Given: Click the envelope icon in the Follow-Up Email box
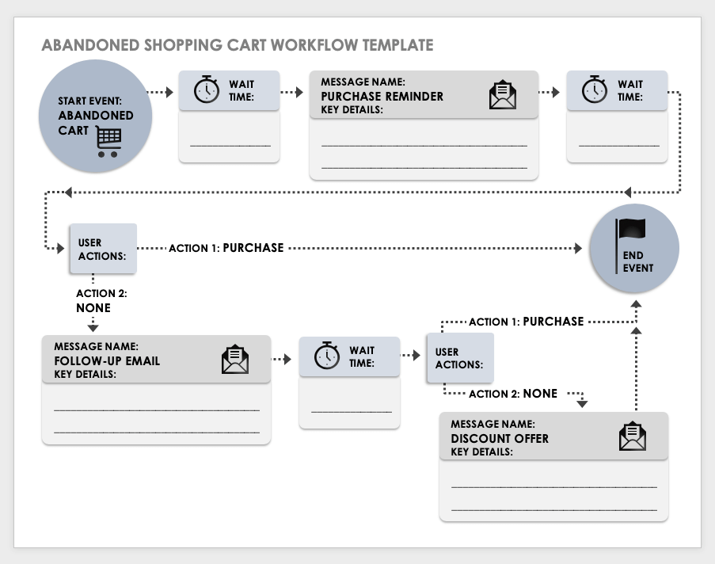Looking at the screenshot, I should [x=234, y=360].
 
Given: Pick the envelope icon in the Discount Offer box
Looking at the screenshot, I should [x=632, y=436].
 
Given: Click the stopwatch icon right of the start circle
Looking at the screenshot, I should [x=207, y=90].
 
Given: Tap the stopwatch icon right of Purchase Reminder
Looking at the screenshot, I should [x=595, y=90].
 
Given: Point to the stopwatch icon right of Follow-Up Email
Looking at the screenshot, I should [x=327, y=356].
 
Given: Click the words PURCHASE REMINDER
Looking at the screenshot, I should [x=382, y=96].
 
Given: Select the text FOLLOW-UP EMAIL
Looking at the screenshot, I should [x=107, y=360].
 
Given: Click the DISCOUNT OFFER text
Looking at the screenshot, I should [x=499, y=438].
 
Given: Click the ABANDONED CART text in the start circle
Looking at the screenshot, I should [x=95, y=122].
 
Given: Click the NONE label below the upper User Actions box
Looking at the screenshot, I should [x=93, y=307].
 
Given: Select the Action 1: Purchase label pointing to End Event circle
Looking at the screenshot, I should [x=226, y=248].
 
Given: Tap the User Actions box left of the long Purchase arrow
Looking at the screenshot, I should [x=102, y=249].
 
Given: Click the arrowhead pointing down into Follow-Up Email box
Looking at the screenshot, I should [x=93, y=326].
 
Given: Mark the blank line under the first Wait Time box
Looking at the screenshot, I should [x=230, y=146].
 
